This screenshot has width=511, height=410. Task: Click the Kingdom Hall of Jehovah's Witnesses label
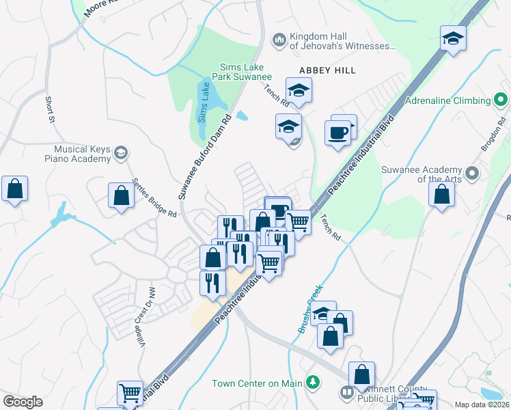[342, 41]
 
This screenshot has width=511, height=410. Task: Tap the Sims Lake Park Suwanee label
[246, 72]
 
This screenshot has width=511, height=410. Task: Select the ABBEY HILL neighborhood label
[328, 70]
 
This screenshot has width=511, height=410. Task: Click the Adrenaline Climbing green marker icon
[501, 100]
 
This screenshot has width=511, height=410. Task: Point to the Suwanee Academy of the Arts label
[422, 174]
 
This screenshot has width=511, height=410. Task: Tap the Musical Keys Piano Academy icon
[121, 152]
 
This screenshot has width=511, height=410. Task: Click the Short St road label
[50, 109]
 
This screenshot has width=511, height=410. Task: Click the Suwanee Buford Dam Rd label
[206, 157]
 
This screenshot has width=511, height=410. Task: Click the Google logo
[23, 401]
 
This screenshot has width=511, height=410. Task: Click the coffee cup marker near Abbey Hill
[338, 131]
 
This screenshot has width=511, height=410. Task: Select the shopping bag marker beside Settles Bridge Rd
[121, 195]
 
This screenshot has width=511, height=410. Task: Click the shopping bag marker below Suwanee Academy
[441, 193]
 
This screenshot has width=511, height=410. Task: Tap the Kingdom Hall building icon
[278, 41]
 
